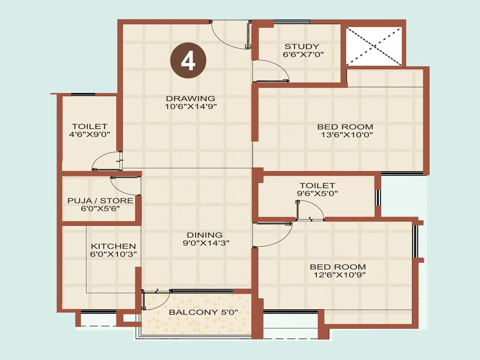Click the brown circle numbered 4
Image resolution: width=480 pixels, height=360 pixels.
(188, 61)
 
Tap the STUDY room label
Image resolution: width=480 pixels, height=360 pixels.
(302, 46)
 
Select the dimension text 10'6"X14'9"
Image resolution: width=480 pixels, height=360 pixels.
(191, 106)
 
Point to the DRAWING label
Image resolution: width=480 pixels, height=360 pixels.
(191, 98)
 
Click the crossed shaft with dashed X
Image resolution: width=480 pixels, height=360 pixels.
(374, 46)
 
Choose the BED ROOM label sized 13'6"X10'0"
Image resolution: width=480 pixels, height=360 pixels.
(345, 127)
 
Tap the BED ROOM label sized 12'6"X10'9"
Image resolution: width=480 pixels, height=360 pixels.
(338, 267)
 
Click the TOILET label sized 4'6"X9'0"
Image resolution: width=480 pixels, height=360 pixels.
(89, 126)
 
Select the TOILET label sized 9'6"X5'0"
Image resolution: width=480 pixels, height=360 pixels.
(317, 185)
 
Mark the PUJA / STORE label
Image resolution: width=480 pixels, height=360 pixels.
(100, 201)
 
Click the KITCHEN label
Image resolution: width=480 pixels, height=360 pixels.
(113, 246)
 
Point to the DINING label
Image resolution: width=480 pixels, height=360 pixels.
(205, 235)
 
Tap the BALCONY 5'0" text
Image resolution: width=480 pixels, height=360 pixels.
(203, 312)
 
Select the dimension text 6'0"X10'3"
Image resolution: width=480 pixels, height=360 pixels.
(113, 254)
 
